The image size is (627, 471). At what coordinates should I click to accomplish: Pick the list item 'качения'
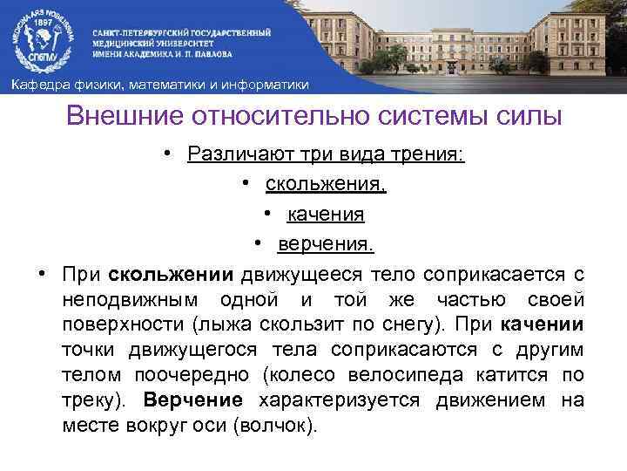325,214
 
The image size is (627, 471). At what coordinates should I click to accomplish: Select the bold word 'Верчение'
192,400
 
